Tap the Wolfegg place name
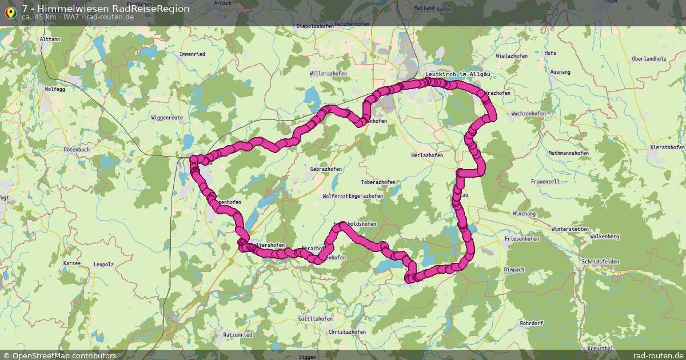56,89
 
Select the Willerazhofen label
328,74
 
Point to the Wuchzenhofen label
528,114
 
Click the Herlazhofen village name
427,155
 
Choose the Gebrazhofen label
326,169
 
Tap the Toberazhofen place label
378,182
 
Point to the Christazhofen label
347,332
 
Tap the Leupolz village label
103,265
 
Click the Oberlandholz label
649,59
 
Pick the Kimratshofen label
667,147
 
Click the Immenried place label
192,54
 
